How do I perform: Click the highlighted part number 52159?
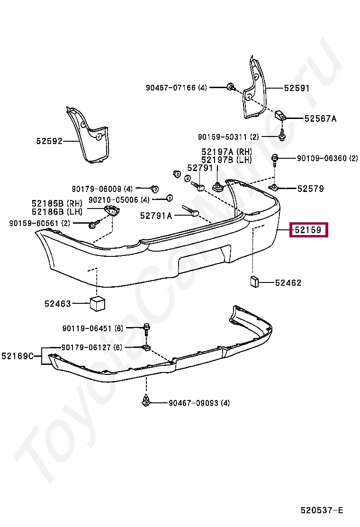pyautogui.click(x=308, y=231)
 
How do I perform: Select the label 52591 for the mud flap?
pyautogui.click(x=297, y=88)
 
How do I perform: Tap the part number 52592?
pyautogui.click(x=49, y=141)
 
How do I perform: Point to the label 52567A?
pyautogui.click(x=320, y=119)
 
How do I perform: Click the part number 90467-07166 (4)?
pyautogui.click(x=176, y=88)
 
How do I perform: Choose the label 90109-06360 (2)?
pyautogui.click(x=327, y=158)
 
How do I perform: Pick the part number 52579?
pyautogui.click(x=311, y=189)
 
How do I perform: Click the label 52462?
pyautogui.click(x=288, y=283)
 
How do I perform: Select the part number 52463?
pyautogui.click(x=58, y=304)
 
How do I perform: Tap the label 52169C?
pyautogui.click(x=18, y=356)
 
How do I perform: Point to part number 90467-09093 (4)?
pyautogui.click(x=199, y=403)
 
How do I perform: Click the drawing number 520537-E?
pyautogui.click(x=322, y=510)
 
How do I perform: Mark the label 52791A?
pyautogui.click(x=156, y=216)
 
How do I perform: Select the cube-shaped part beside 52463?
pyautogui.click(x=97, y=304)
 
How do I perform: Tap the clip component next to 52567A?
pyautogui.click(x=280, y=115)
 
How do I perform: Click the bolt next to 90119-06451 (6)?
pyautogui.click(x=146, y=328)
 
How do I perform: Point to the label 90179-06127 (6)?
pyautogui.click(x=91, y=347)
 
